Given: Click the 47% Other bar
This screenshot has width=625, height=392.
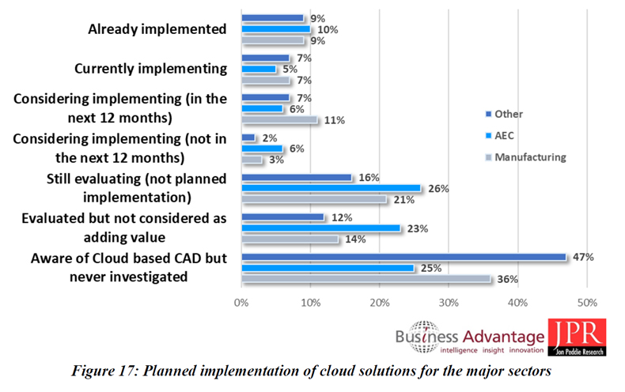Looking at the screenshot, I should [x=403, y=257].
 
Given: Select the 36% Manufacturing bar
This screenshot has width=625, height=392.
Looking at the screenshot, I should [x=366, y=278].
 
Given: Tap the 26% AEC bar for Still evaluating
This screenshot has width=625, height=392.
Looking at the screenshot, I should [x=331, y=188].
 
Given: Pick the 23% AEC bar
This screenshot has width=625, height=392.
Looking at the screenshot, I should [x=320, y=228].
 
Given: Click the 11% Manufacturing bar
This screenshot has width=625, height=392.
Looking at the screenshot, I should [x=279, y=120].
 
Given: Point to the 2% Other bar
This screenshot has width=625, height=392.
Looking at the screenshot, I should [x=248, y=138].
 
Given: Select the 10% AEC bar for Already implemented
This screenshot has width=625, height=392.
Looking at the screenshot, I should [x=276, y=29].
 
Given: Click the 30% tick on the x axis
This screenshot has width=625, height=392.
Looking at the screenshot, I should [x=449, y=303].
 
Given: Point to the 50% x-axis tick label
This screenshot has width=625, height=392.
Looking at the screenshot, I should [x=587, y=303].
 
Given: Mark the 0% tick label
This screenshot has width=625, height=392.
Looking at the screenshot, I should [x=241, y=303].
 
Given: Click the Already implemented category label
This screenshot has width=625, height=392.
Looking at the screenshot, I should [x=157, y=29].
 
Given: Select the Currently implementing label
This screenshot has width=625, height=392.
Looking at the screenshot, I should [x=150, y=69].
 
